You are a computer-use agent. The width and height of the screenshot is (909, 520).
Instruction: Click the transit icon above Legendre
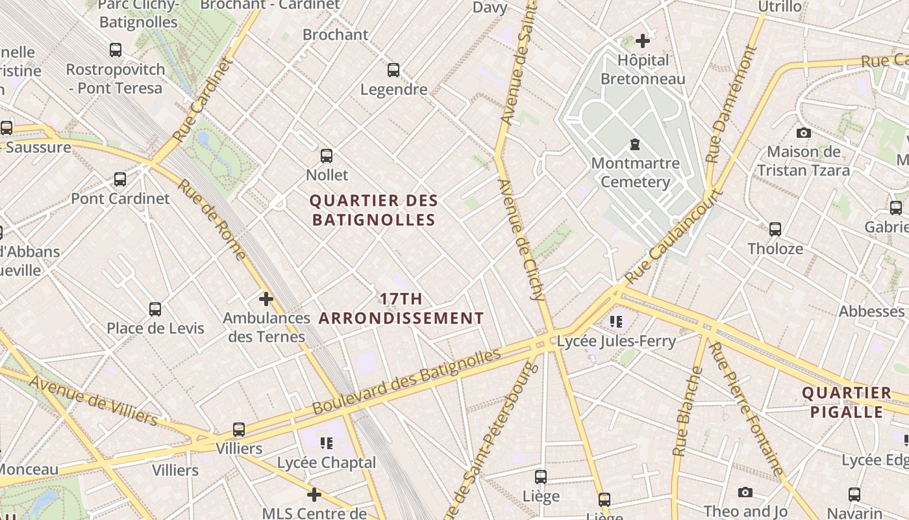pyautogui.click(x=393, y=70)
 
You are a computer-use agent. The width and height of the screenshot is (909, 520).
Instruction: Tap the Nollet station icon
pyautogui.click(x=327, y=156)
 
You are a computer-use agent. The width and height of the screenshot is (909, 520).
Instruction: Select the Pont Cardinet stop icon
pyautogui.click(x=120, y=179)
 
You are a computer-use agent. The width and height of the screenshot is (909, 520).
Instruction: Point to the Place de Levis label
pyautogui.click(x=155, y=328)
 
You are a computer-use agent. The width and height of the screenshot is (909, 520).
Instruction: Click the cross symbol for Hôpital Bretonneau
pyautogui.click(x=642, y=42)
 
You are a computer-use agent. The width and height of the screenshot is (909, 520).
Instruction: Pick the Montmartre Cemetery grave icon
pyautogui.click(x=635, y=144)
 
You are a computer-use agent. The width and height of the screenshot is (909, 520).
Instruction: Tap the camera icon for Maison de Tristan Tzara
pyautogui.click(x=804, y=133)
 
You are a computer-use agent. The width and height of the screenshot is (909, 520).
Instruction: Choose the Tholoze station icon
pyautogui.click(x=775, y=229)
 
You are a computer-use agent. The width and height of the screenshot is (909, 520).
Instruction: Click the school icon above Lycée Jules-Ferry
pyautogui.click(x=616, y=321)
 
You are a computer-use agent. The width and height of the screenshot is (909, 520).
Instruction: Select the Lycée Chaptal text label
pyautogui.click(x=327, y=463)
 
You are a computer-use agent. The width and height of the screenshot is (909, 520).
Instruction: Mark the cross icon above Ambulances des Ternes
pyautogui.click(x=266, y=299)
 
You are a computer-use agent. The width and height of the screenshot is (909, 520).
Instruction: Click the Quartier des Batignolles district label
pyautogui.click(x=374, y=211)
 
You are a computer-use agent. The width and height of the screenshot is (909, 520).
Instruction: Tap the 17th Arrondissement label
pyautogui.click(x=401, y=309)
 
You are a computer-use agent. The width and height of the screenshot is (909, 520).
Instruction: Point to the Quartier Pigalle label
pyautogui.click(x=847, y=402)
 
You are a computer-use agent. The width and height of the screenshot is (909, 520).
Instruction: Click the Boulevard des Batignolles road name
pyautogui.click(x=407, y=382)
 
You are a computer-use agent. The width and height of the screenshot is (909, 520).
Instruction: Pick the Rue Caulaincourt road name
pyautogui.click(x=675, y=237)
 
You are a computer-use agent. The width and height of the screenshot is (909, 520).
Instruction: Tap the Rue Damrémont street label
pyautogui.click(x=732, y=104)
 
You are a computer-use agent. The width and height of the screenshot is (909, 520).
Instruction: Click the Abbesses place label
pyautogui.click(x=871, y=311)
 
